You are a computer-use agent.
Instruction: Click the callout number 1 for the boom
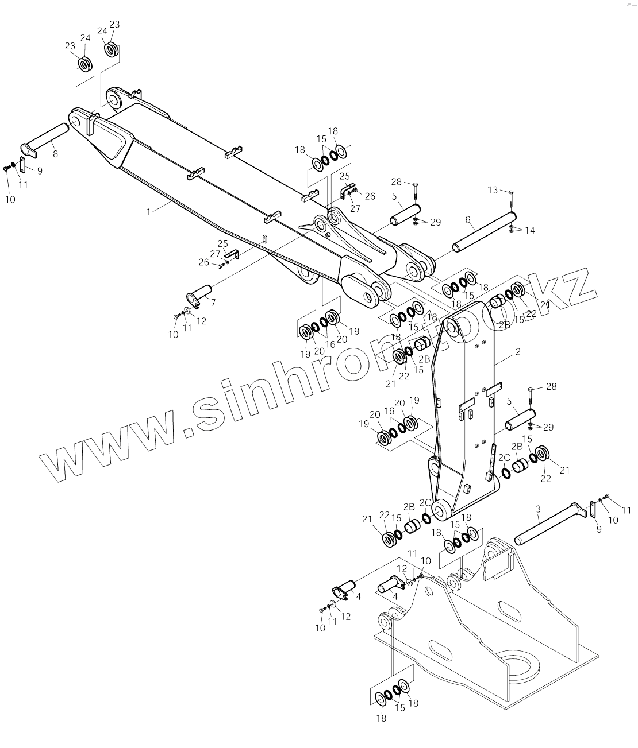148,212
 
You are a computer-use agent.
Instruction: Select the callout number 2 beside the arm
518,352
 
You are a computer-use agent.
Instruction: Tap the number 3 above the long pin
538,509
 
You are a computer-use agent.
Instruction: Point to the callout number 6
468,220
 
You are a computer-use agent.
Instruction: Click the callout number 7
213,302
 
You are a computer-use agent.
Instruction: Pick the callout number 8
55,154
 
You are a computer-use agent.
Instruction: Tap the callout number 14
529,230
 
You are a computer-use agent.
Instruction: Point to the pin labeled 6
484,231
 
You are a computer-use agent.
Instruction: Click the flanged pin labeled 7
199,291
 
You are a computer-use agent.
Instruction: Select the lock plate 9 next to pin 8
23,164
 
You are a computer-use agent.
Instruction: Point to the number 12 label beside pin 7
201,321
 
